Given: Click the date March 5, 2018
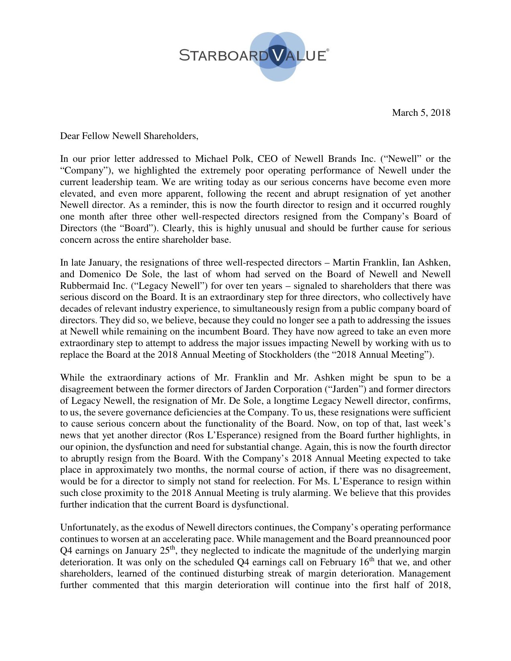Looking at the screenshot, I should point(421,113).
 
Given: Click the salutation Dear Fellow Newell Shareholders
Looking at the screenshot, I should point(129,136).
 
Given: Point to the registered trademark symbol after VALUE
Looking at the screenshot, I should point(327,50).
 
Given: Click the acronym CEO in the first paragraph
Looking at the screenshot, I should point(267,159).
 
